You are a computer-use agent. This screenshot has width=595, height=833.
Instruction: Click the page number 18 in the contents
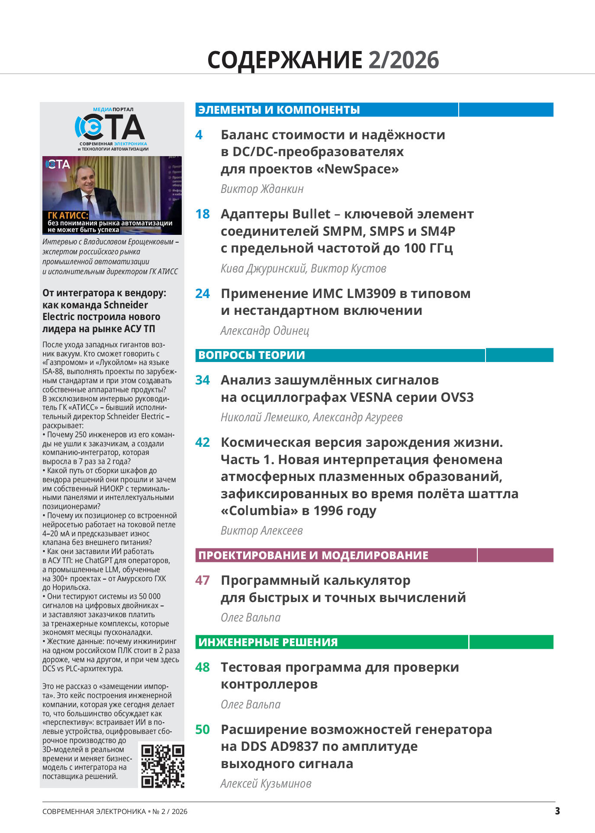(203, 214)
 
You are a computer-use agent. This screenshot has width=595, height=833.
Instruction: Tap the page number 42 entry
(203, 442)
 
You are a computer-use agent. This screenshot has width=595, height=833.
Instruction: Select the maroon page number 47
(203, 580)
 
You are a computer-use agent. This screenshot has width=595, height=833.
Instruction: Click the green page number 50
(203, 730)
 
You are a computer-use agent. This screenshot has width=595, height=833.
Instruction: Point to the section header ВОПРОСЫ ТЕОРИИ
(251, 355)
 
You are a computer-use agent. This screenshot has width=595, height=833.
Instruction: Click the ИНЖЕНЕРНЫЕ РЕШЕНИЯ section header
(268, 642)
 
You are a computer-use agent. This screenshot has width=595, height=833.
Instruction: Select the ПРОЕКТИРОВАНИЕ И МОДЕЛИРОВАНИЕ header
(313, 555)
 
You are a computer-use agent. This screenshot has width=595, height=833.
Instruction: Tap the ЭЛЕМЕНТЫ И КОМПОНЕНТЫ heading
(279, 110)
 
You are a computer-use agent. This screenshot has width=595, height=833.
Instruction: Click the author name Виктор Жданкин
(262, 189)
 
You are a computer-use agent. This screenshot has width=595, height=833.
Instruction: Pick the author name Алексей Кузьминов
(266, 784)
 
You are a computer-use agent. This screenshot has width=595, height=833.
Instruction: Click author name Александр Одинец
(265, 331)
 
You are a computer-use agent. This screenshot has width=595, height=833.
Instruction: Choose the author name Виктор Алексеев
(262, 531)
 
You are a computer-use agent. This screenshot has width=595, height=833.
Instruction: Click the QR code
(163, 766)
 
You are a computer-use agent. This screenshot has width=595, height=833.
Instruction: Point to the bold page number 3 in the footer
(557, 811)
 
